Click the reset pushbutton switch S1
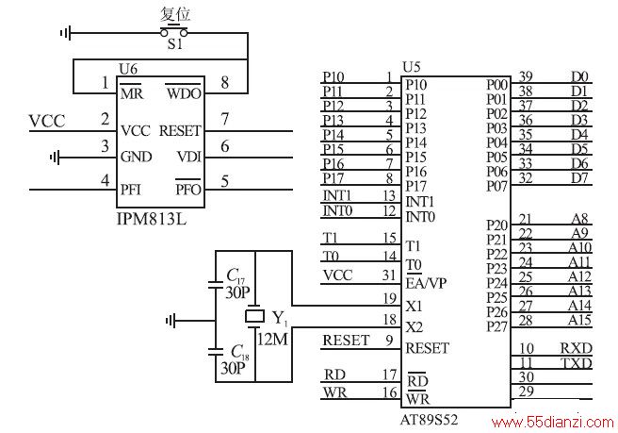(173, 31)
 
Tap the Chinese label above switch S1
(175, 14)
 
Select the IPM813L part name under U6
(152, 218)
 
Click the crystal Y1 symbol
(255, 316)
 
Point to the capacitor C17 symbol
(215, 285)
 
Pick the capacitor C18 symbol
(215, 352)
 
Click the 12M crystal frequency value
(272, 339)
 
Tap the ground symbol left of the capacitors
(171, 321)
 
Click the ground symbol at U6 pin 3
(56, 158)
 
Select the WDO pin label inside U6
(184, 93)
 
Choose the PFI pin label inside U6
(131, 190)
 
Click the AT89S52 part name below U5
(429, 419)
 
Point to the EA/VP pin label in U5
(426, 283)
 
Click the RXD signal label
(577, 348)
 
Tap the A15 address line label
(579, 320)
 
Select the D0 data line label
(579, 76)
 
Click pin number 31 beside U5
(389, 275)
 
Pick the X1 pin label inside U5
(415, 306)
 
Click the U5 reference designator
(411, 68)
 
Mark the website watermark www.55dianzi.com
(553, 423)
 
